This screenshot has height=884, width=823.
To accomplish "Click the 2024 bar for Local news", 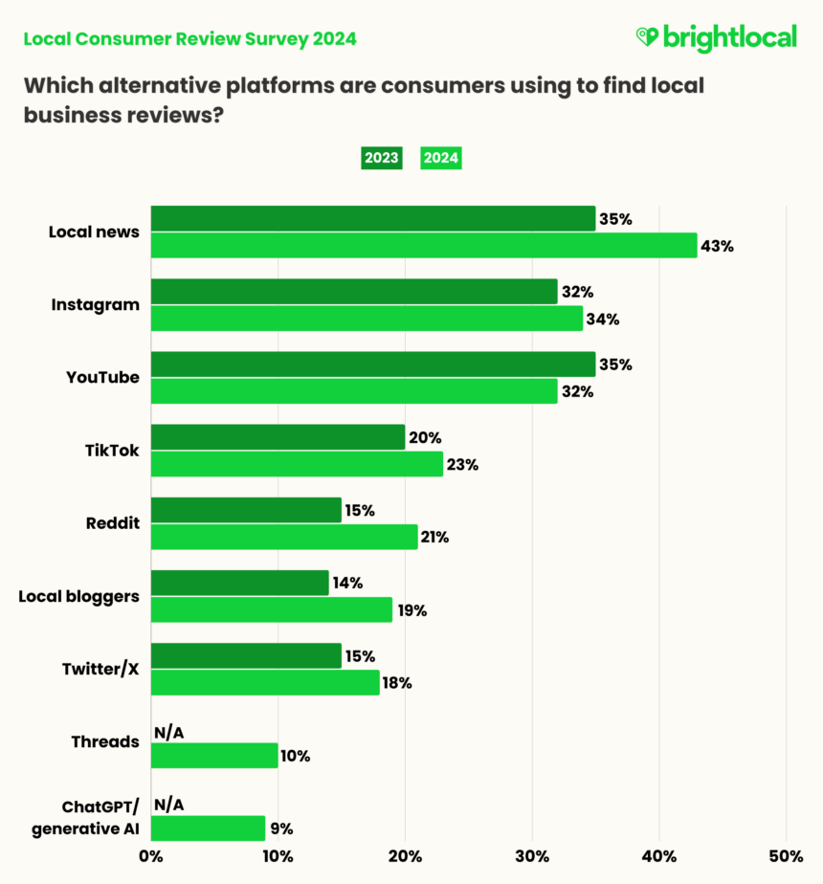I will (424, 246).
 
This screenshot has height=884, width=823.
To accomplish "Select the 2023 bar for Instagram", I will (354, 292).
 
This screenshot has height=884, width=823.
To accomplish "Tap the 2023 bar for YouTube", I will (373, 365).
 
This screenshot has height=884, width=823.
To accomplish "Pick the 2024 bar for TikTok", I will (297, 465).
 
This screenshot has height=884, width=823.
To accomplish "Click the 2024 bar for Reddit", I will (284, 538).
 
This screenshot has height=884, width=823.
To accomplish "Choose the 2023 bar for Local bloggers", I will (239, 583).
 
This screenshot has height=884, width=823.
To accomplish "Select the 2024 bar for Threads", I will (214, 756).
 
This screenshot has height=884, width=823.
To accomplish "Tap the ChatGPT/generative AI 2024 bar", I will (208, 829).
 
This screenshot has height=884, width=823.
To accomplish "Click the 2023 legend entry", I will (381, 159).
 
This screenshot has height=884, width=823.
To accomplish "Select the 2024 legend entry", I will (441, 159).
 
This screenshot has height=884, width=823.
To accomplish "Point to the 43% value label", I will (717, 246).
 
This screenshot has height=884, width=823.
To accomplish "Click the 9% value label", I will (281, 829).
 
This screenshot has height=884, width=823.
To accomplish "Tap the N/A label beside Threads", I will (168, 733).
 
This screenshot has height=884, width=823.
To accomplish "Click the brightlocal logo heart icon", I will (647, 37).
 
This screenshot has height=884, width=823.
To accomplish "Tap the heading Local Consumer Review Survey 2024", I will (189, 39).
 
